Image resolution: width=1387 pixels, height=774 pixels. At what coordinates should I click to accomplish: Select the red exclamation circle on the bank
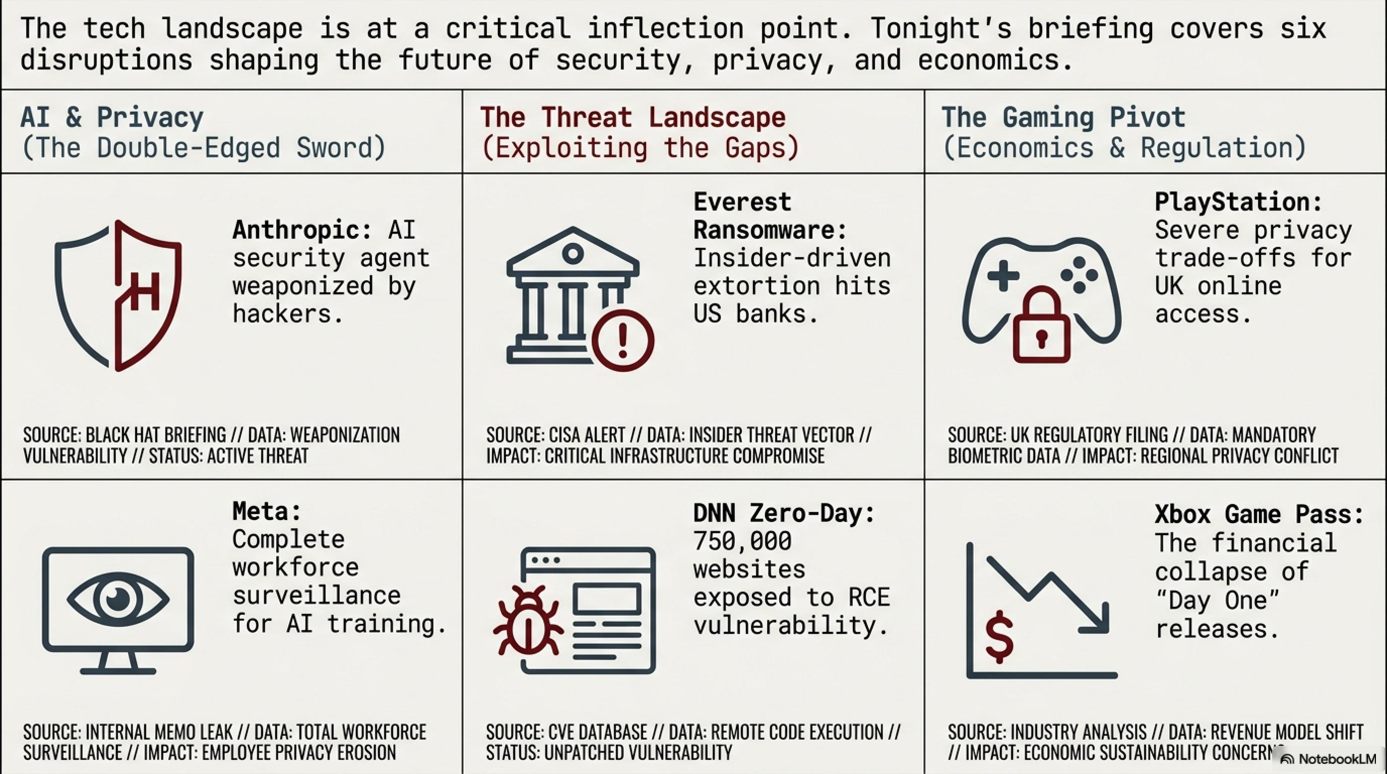(623, 340)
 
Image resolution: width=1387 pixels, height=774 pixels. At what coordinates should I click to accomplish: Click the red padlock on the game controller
(1041, 325)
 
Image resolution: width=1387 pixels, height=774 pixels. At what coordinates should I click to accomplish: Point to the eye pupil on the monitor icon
(118, 599)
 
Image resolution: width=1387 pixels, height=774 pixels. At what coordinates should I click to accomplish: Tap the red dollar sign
(999, 637)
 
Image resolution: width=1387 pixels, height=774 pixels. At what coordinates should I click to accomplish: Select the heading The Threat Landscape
(633, 117)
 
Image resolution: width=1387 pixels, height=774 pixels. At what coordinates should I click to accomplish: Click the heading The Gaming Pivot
(1063, 117)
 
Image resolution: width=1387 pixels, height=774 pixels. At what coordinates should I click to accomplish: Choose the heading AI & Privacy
(112, 117)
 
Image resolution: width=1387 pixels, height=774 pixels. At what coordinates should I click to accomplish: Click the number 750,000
(742, 541)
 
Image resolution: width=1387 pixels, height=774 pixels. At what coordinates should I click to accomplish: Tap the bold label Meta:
(267, 511)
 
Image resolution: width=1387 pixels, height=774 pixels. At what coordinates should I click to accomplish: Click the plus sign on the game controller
(1003, 276)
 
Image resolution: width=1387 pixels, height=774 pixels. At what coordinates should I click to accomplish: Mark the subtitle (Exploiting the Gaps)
(640, 148)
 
